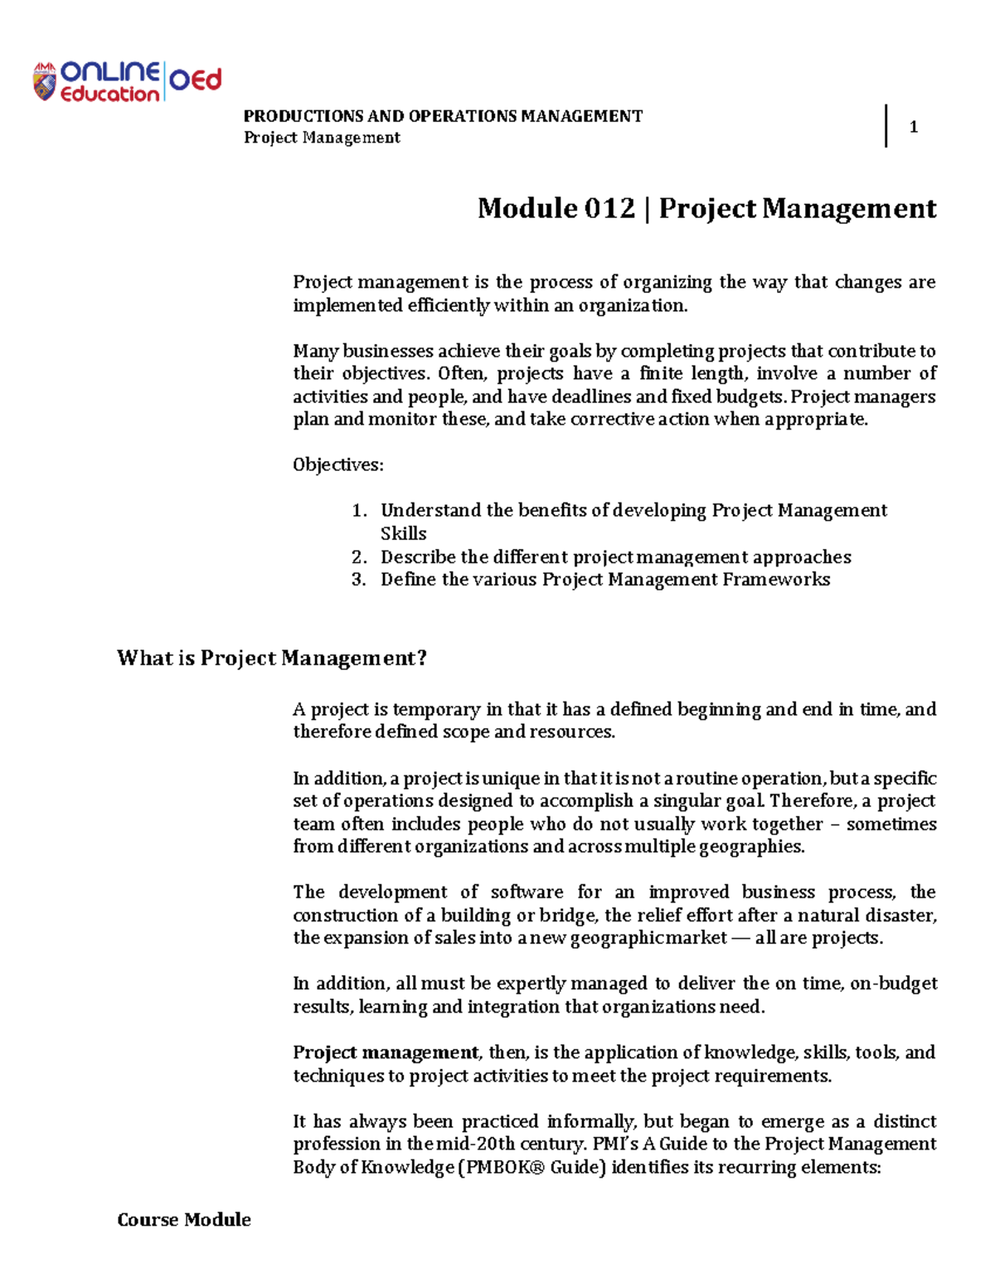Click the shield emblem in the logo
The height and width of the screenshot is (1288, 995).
[44, 82]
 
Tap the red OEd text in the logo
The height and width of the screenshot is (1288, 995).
[197, 80]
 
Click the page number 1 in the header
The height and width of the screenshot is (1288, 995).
[913, 127]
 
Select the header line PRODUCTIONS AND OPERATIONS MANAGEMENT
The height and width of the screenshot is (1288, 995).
[443, 116]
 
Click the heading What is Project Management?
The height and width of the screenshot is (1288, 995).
[272, 659]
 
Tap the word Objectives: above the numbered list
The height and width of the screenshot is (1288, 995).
[338, 464]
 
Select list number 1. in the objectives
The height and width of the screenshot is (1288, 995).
[359, 511]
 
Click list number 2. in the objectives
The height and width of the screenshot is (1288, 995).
[359, 557]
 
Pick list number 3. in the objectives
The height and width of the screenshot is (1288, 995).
[359, 580]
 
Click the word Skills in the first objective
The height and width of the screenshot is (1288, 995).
[404, 534]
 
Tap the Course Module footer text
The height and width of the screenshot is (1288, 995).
[184, 1220]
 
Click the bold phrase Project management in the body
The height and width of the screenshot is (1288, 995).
[386, 1053]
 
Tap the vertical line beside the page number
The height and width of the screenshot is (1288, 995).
[886, 126]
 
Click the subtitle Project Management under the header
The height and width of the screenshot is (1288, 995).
[322, 138]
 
